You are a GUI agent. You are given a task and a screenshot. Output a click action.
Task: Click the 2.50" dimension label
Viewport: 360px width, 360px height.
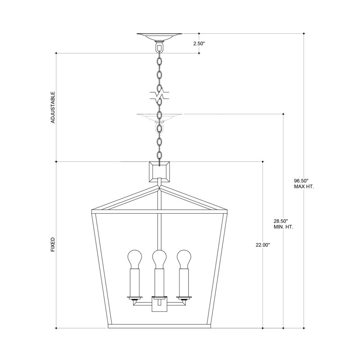[x=199, y=44]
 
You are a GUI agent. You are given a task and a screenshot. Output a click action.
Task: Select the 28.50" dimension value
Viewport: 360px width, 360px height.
[x=280, y=221]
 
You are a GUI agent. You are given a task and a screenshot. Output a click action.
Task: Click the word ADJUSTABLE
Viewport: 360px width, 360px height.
[x=53, y=108]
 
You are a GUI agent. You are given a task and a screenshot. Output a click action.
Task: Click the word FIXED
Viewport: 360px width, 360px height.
[x=53, y=245]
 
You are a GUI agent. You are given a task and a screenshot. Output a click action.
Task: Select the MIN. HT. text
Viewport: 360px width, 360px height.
[x=283, y=227]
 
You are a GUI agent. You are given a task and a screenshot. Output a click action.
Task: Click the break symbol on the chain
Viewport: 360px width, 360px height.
[x=158, y=95]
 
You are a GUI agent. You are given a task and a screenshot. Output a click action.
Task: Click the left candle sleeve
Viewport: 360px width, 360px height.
[x=134, y=282]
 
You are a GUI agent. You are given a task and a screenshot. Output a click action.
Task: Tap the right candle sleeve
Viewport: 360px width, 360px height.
[x=183, y=282]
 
